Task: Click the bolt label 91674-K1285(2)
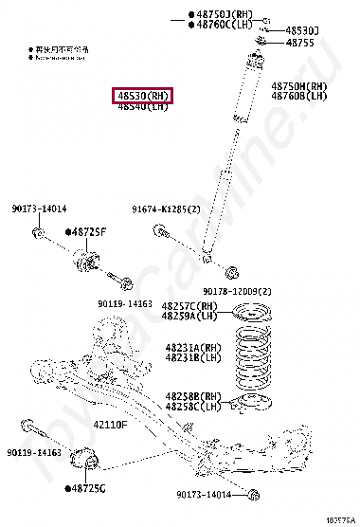point(167,209)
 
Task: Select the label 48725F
point(89,231)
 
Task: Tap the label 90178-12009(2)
point(237,291)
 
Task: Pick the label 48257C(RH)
point(189,306)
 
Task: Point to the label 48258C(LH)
point(192,406)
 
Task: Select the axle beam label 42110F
point(110,426)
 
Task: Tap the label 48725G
point(89,488)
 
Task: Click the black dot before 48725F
point(68,231)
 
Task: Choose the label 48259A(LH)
point(189,316)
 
